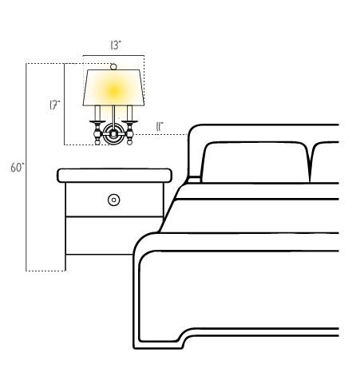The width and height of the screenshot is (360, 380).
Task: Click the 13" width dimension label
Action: click(x=116, y=46)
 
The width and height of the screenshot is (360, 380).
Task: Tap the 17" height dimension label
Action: click(x=54, y=105)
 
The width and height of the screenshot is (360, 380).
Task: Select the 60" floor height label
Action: click(x=18, y=168)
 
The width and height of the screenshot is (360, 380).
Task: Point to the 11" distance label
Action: click(x=160, y=127)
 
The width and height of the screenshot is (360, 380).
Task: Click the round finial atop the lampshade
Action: click(x=113, y=66)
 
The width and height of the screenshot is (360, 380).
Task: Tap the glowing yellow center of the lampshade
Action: click(x=113, y=90)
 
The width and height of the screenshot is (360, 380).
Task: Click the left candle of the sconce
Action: click(x=97, y=113)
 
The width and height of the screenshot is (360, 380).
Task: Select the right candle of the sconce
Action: click(x=129, y=113)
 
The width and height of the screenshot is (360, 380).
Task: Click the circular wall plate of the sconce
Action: click(x=113, y=134)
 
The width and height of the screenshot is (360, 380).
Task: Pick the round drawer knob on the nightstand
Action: click(x=113, y=200)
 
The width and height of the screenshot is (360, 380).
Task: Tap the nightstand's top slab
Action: click(x=114, y=176)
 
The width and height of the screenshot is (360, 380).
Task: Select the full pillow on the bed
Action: click(x=255, y=162)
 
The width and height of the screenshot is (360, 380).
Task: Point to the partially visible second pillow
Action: click(x=325, y=162)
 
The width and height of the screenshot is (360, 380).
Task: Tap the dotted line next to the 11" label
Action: click(x=160, y=134)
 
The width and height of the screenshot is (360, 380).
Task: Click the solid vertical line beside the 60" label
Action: click(x=26, y=167)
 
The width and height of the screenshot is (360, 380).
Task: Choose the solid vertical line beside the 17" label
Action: click(x=65, y=104)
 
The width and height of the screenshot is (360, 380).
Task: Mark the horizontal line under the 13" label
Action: click(x=113, y=56)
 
